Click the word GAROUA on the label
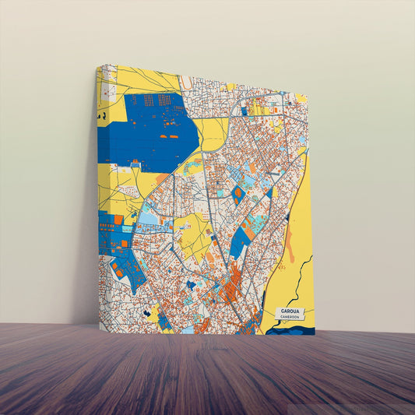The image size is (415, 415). click(x=289, y=311)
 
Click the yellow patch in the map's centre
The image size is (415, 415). click(x=195, y=234)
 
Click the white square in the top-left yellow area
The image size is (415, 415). click(x=108, y=91)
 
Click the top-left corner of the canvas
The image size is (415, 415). click(x=97, y=65)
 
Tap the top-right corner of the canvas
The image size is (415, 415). click(x=307, y=95)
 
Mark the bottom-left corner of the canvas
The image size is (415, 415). click(x=100, y=327)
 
